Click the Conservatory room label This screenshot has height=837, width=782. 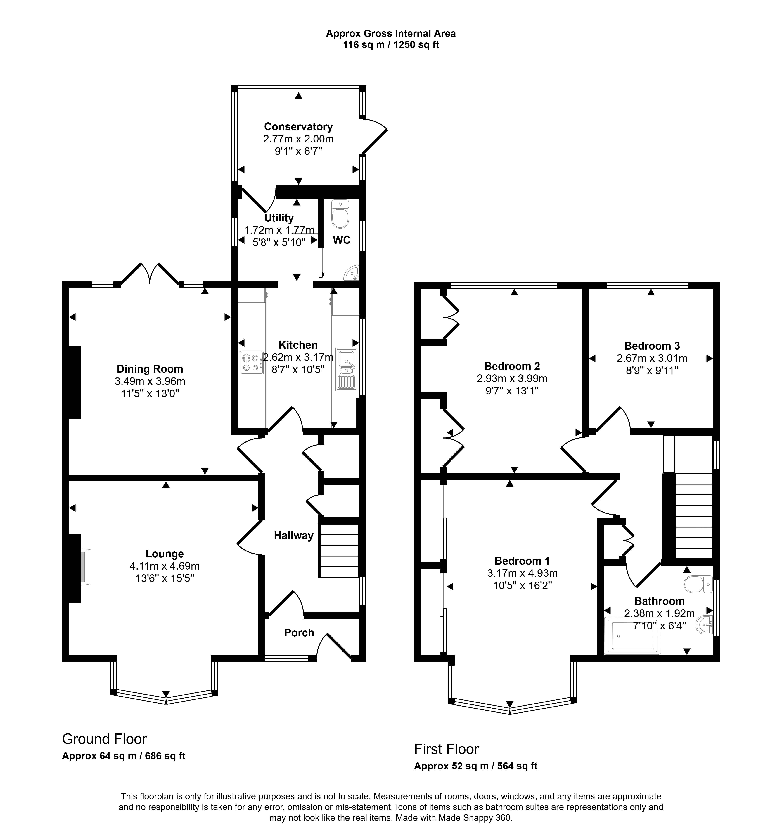(298, 127)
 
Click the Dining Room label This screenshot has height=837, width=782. (150, 369)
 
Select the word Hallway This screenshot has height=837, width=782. (294, 536)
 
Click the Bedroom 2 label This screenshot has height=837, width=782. (512, 366)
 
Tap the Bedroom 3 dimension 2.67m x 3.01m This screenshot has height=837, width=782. (652, 358)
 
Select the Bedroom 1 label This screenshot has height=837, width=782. (522, 561)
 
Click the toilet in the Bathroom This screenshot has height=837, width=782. (698, 584)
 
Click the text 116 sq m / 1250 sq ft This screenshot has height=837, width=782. (391, 45)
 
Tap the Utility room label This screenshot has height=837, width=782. (279, 218)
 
